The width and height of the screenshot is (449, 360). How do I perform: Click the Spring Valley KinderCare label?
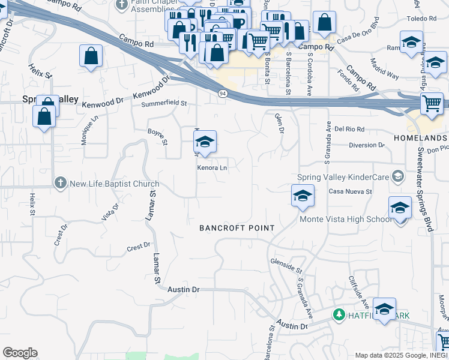pos(343,178)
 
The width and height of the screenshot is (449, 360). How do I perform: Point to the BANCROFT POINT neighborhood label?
pos(237,228)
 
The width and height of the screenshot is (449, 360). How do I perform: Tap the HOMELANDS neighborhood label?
pos(420,138)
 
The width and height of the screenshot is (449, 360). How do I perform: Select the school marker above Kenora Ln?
pos(205,142)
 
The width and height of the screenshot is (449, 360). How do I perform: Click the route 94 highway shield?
pos(223,94)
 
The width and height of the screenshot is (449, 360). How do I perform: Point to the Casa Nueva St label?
pos(351,191)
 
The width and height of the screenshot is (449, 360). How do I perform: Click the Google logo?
pos(20,353)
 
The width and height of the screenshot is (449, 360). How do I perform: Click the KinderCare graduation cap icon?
pos(397,176)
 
